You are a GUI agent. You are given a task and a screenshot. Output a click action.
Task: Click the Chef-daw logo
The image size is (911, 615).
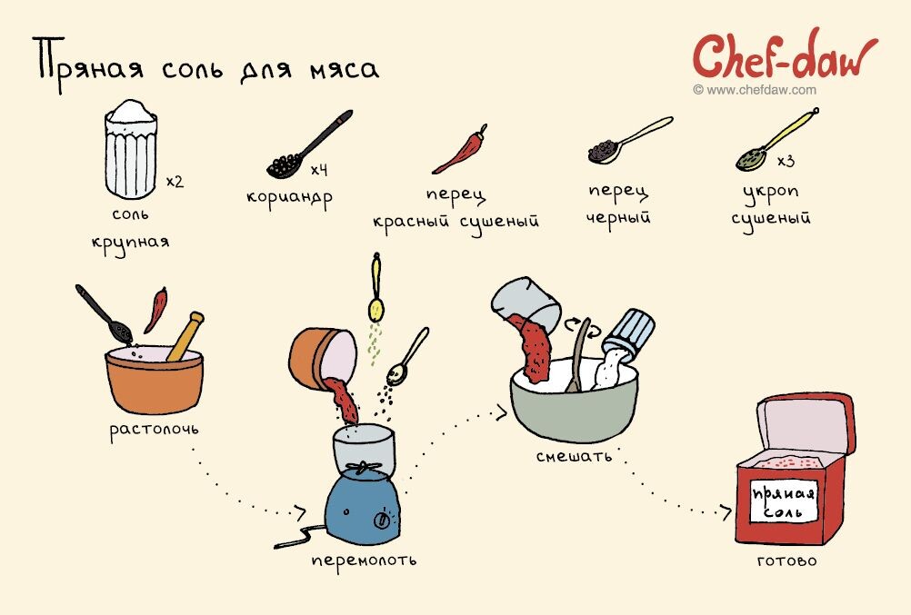point(785,56)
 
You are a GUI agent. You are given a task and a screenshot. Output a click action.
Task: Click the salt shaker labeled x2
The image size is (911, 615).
point(131,150)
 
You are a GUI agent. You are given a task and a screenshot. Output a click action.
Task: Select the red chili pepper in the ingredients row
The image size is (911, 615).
point(460,150)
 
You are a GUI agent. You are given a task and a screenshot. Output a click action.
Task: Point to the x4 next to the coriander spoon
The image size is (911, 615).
point(319,170)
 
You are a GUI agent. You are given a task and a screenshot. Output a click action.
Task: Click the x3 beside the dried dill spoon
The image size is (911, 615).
point(786,161)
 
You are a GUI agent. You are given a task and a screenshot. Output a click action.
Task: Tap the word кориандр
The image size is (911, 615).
point(289,197)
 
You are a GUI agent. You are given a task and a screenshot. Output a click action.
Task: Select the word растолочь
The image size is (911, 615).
point(154,431)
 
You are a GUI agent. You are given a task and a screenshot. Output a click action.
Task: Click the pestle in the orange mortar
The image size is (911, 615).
point(185,336)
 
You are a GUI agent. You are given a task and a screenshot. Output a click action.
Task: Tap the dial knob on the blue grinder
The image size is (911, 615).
point(383,520)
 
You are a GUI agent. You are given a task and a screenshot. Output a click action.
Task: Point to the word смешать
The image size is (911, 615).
point(574,456)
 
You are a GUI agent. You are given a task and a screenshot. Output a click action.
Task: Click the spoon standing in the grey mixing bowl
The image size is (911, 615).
point(579,355)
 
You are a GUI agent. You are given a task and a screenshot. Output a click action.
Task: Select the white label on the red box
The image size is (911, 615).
point(784,501)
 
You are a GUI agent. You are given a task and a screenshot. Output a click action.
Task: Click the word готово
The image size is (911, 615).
point(787,561)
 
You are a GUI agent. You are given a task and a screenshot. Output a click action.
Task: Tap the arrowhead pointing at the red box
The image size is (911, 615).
point(726,512)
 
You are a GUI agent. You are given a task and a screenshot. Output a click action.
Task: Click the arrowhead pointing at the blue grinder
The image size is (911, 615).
point(300,512)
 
